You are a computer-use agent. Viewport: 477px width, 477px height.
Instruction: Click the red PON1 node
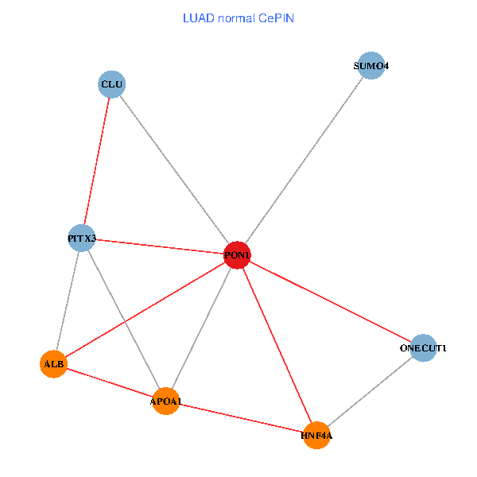click(237, 255)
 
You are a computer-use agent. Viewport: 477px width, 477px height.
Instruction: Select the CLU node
click(112, 83)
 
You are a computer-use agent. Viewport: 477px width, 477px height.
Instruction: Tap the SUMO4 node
click(371, 66)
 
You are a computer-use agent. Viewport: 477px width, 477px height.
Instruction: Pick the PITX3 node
click(82, 238)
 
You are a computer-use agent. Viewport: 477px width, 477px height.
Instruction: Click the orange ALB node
click(53, 364)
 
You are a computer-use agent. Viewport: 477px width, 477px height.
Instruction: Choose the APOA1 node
click(165, 401)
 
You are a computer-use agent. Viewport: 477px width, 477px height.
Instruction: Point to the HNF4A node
click(316, 436)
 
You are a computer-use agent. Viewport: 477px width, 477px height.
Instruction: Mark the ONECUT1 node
click(424, 347)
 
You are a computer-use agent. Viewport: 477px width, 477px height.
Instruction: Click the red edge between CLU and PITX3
click(97, 161)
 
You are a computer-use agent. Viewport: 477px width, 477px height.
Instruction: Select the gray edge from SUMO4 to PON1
click(304, 161)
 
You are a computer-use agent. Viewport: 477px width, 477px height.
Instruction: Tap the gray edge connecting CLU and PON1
click(175, 169)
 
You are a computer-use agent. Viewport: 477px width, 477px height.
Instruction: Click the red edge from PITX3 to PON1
click(159, 246)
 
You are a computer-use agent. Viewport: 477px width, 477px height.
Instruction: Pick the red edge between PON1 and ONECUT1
click(330, 301)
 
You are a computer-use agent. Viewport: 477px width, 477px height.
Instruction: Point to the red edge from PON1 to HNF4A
click(277, 345)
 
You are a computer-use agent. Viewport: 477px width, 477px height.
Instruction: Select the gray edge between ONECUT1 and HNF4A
click(370, 392)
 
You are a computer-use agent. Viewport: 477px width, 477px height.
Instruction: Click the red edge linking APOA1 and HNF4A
click(241, 418)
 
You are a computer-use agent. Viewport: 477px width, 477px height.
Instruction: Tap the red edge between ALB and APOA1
click(109, 382)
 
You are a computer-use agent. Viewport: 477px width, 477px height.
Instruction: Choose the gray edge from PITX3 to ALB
click(68, 301)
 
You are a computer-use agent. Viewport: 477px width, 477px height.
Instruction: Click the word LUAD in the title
click(198, 18)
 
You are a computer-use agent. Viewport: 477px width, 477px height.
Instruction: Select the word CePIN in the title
click(276, 18)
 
